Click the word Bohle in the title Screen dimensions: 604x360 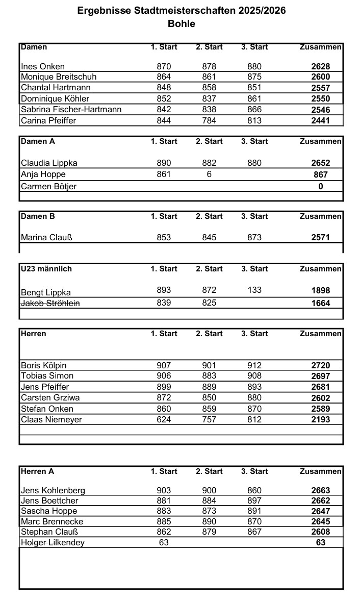click(x=181, y=23)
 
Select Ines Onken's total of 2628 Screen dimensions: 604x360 click(x=320, y=66)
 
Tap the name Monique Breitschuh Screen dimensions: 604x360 click(x=59, y=77)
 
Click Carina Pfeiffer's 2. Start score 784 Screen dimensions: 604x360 click(x=209, y=121)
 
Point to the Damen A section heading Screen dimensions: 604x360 click(x=38, y=141)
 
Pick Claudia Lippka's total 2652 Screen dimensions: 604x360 click(x=320, y=163)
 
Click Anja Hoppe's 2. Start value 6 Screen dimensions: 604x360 click(x=209, y=174)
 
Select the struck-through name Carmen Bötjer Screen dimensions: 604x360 click(x=49, y=186)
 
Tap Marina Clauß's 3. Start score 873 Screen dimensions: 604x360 click(x=254, y=237)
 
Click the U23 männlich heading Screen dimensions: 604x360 click(x=46, y=269)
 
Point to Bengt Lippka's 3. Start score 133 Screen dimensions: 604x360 click(x=254, y=290)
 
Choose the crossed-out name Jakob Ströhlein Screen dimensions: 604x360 click(x=50, y=303)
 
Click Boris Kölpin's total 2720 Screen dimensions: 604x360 click(x=320, y=365)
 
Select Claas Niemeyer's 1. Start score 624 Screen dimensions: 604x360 click(x=164, y=419)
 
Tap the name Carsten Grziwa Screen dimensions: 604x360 click(x=50, y=398)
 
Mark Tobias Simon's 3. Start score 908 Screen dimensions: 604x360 click(x=254, y=376)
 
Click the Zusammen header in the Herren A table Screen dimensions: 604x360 click(x=320, y=471)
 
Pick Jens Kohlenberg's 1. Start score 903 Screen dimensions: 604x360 click(x=164, y=490)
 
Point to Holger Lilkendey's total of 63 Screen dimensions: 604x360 click(x=320, y=542)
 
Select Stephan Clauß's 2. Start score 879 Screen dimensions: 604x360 click(x=209, y=532)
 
